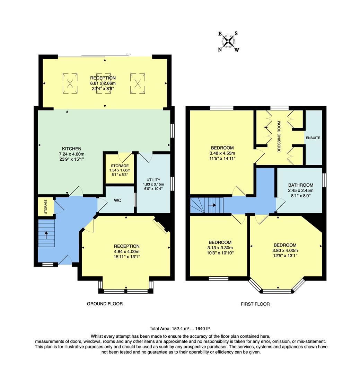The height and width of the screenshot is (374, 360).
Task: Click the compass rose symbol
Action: (228, 42)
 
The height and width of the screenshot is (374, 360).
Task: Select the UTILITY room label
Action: (153, 180)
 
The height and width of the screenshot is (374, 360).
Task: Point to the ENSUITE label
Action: (313, 138)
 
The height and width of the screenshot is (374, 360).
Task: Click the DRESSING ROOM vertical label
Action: (279, 137)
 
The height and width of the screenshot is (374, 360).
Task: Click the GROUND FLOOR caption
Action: (105, 304)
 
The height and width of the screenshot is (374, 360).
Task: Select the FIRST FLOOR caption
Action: (255, 304)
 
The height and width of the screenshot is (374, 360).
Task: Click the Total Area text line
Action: (180, 328)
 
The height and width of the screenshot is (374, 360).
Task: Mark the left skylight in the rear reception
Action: (70, 83)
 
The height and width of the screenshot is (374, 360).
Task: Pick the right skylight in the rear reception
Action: (137, 83)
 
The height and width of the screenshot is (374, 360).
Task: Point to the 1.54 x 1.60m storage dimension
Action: (120, 170)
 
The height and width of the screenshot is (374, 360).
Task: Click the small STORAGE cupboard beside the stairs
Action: (45, 207)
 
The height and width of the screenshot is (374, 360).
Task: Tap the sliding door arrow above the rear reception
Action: (129, 54)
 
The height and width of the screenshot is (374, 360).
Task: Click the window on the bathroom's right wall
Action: (324, 180)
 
